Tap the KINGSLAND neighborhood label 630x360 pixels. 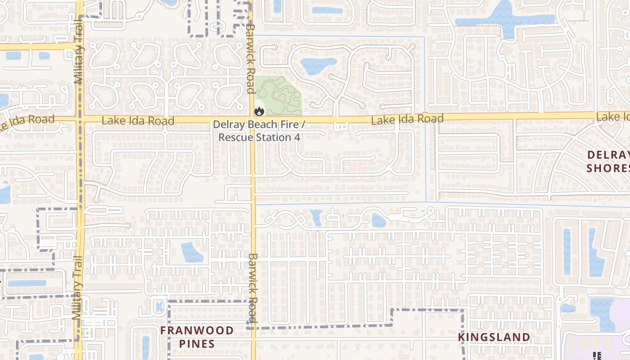click(494, 337)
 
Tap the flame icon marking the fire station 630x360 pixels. click(259, 110)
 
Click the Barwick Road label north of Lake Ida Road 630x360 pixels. click(250, 58)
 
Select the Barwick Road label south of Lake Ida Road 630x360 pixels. click(252, 288)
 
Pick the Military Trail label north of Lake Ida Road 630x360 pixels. click(79, 58)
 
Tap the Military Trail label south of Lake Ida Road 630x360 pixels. click(77, 288)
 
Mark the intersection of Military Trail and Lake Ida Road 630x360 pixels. click(80, 119)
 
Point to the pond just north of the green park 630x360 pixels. click(318, 66)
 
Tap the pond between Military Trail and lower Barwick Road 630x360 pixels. click(192, 252)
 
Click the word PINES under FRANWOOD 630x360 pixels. click(197, 344)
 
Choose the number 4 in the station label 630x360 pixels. click(297, 137)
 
